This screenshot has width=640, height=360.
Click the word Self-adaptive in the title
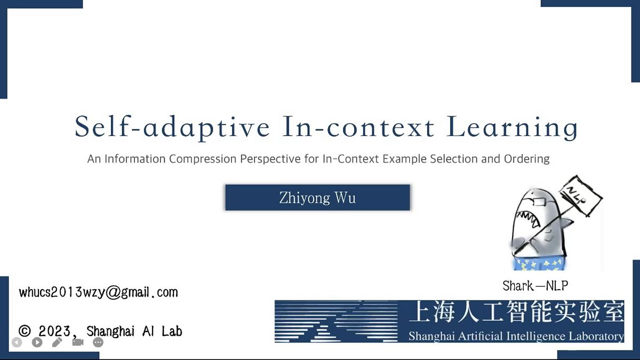pyautogui.click(x=172, y=127)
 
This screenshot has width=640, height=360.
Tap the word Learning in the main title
pyautogui.click(x=512, y=127)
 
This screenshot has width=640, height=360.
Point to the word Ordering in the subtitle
pyautogui.click(x=526, y=159)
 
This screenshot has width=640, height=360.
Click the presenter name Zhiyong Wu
pyautogui.click(x=317, y=198)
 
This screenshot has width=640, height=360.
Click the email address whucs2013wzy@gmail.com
pyautogui.click(x=98, y=292)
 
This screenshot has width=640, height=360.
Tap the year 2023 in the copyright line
pyautogui.click(x=54, y=331)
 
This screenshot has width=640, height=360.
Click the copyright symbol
pyautogui.click(x=25, y=331)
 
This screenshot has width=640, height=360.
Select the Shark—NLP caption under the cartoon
pyautogui.click(x=535, y=286)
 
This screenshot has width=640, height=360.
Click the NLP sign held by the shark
pyautogui.click(x=581, y=196)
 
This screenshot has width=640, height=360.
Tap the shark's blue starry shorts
pyautogui.click(x=539, y=265)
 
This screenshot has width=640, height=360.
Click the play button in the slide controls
pyautogui.click(x=37, y=342)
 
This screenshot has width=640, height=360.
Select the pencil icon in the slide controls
pyautogui.click(x=58, y=342)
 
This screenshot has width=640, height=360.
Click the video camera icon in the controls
pyautogui.click(x=78, y=342)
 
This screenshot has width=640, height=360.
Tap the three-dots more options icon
pyautogui.click(x=98, y=342)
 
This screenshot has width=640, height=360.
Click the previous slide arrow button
pyautogui.click(x=17, y=342)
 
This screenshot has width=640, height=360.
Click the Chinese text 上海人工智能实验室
pyautogui.click(x=516, y=311)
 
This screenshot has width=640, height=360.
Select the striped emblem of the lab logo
pyautogui.click(x=336, y=322)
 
